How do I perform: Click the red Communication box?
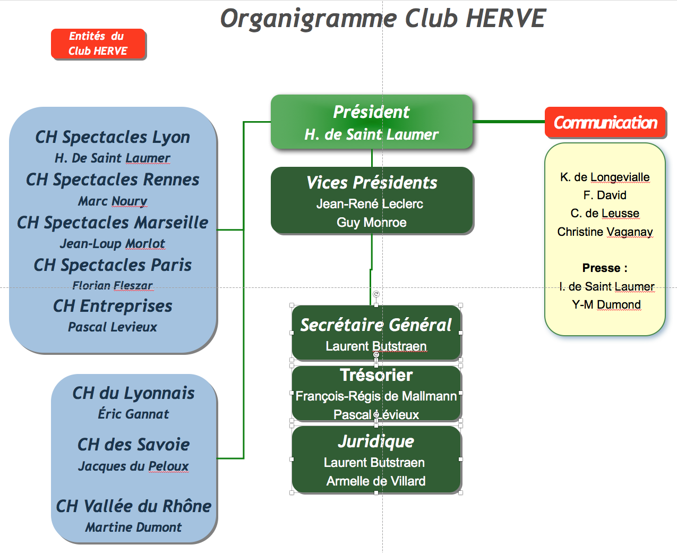(605, 122)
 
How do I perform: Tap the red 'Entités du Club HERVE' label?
(98, 44)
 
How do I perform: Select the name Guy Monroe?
(371, 222)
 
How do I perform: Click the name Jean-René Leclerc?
(370, 203)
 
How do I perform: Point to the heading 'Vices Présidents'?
(371, 182)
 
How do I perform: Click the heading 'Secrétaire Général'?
(376, 325)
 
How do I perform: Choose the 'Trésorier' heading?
(376, 375)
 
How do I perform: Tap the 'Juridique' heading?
(376, 441)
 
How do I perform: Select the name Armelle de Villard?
(376, 481)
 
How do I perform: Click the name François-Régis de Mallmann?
(376, 396)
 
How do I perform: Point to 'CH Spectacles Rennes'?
(113, 179)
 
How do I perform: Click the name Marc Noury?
(113, 201)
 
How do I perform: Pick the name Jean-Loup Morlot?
(113, 243)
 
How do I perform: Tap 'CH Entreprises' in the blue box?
(113, 306)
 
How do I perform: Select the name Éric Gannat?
(133, 414)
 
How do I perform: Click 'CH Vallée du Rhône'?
(133, 506)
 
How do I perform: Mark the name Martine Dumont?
(133, 528)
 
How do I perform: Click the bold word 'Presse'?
(601, 268)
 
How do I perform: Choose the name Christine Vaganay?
(605, 232)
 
